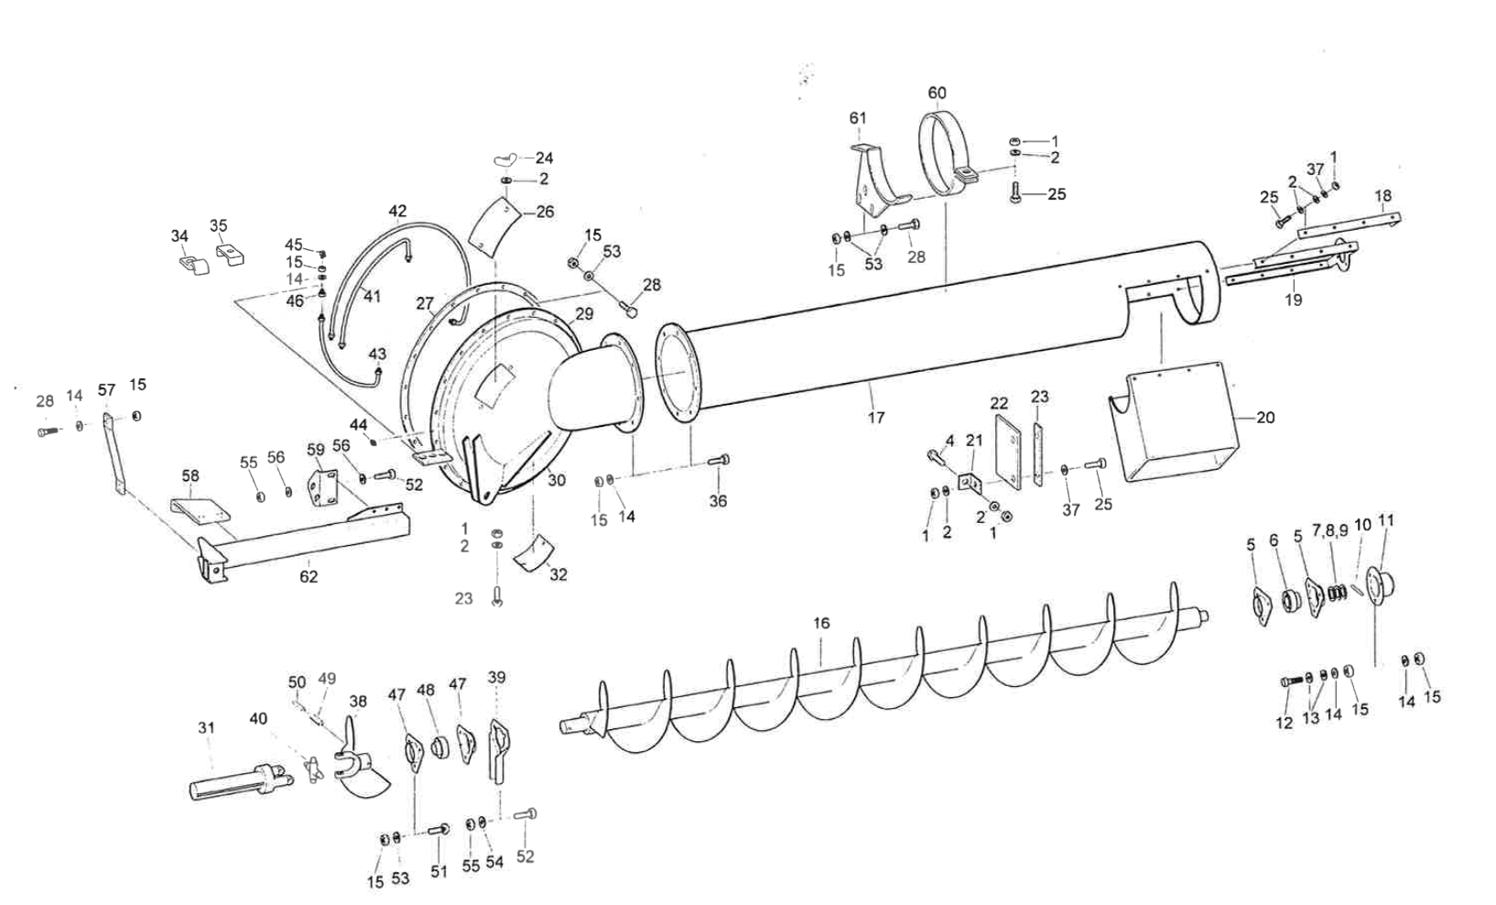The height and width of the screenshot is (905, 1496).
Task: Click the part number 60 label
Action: (937, 93)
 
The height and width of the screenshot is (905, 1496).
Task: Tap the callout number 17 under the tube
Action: (876, 418)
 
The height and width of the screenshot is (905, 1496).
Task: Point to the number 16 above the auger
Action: (821, 623)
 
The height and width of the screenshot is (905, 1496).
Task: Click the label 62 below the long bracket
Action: (309, 576)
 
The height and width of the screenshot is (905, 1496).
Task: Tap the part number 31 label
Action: (206, 728)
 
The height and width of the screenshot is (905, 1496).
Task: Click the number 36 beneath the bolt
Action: (718, 501)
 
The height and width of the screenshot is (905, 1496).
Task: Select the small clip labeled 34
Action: (189, 264)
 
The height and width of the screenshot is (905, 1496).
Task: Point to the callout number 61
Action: (858, 118)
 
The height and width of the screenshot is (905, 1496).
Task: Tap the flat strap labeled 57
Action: (114, 454)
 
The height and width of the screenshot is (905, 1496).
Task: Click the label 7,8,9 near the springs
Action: (1329, 530)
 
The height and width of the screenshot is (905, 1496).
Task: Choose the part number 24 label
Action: (544, 158)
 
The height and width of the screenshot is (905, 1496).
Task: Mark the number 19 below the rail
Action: (1293, 300)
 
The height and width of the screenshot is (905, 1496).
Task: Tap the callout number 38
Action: (357, 702)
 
